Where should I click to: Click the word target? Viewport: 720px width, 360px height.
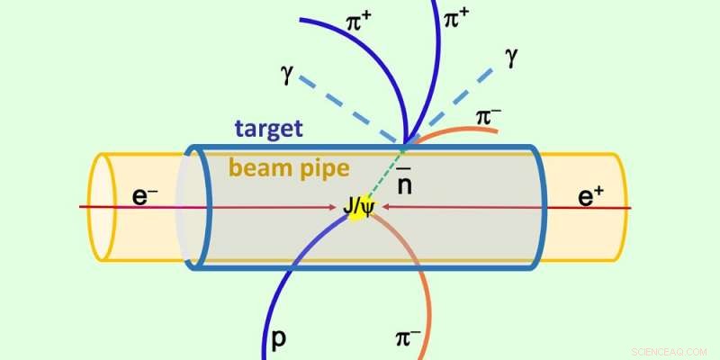tap(268, 129)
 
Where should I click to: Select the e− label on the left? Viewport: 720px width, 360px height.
tap(146, 195)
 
